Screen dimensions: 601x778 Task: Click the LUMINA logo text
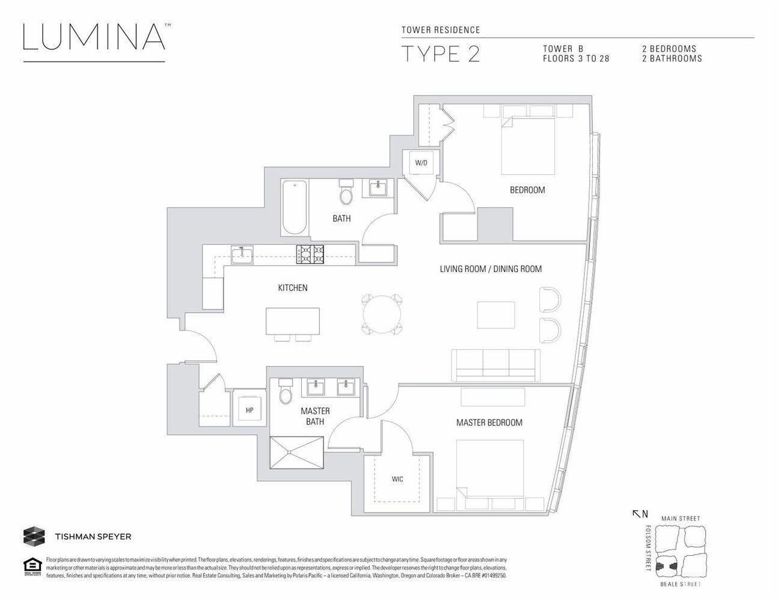pyautogui.click(x=94, y=37)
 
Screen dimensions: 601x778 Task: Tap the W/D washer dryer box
pyautogui.click(x=421, y=163)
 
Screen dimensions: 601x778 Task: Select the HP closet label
pyautogui.click(x=249, y=410)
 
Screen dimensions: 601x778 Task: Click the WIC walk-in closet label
pyautogui.click(x=397, y=479)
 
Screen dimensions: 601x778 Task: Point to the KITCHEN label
pyautogui.click(x=292, y=288)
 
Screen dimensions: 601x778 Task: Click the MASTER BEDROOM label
pyautogui.click(x=489, y=423)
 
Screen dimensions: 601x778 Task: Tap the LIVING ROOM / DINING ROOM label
pyautogui.click(x=491, y=269)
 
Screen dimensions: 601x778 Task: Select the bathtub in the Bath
pyautogui.click(x=295, y=207)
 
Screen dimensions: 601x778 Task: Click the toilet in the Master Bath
pyautogui.click(x=286, y=391)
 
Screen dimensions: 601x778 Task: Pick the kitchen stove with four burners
pyautogui.click(x=310, y=255)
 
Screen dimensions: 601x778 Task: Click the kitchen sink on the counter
pyautogui.click(x=242, y=255)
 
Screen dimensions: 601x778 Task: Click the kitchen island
pyautogui.click(x=293, y=322)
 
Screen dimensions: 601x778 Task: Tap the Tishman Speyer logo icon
pyautogui.click(x=34, y=535)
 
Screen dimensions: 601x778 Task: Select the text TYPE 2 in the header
pyautogui.click(x=440, y=53)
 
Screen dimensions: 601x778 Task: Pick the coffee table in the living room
pyautogui.click(x=496, y=314)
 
